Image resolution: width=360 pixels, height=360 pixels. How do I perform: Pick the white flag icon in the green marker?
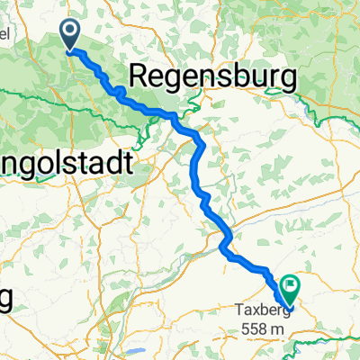pyautogui.click(x=291, y=284)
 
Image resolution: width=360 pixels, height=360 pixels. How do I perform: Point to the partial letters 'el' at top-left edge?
pyautogui.click(x=4, y=33)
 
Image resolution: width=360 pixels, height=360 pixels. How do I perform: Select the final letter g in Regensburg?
pyautogui.click(x=287, y=82)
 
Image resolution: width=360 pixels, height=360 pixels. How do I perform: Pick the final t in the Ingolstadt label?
pyautogui.click(x=127, y=163)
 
